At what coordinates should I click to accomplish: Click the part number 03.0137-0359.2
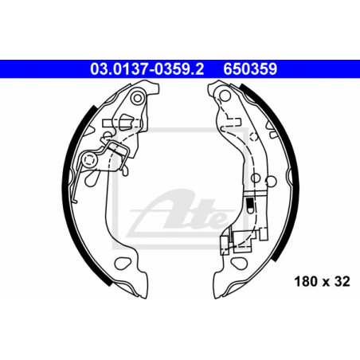click(147, 68)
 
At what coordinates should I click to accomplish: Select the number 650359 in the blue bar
click(250, 68)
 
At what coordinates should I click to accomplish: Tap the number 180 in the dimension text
click(306, 281)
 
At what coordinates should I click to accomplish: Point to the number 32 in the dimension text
click(342, 281)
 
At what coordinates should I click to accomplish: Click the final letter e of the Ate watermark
click(218, 221)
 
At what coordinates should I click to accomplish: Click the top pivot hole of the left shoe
click(137, 98)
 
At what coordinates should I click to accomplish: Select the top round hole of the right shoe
click(225, 96)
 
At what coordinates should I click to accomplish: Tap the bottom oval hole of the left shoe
click(122, 263)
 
